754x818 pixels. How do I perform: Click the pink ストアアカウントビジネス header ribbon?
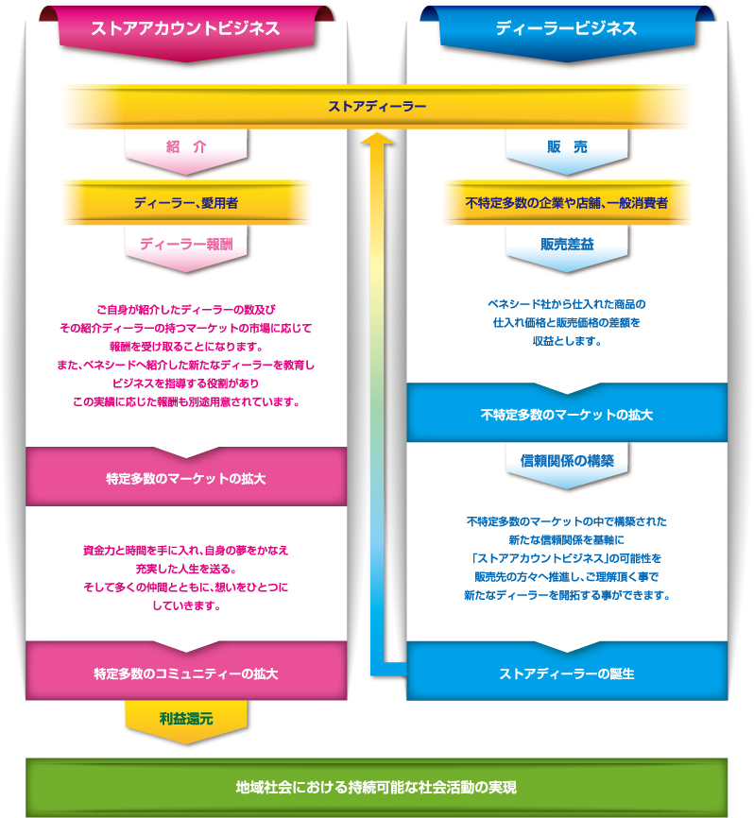point(186,32)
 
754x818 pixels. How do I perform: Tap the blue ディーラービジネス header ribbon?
point(567,32)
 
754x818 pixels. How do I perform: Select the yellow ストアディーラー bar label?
point(377,107)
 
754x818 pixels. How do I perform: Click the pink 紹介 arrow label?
point(186,147)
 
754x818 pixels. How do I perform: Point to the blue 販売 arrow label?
point(567,147)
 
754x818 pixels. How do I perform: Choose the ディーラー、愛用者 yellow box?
point(186,202)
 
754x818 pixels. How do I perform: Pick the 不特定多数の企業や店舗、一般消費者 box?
point(567,202)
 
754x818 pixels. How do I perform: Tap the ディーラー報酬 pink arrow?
point(186,248)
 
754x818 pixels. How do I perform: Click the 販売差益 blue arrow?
point(567,248)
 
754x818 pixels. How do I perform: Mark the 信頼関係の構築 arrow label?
point(567,461)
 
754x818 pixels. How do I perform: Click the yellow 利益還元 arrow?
point(186,722)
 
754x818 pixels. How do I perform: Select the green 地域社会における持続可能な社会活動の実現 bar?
point(376,787)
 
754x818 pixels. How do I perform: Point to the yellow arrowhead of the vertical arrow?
point(377,138)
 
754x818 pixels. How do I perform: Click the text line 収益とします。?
point(567,341)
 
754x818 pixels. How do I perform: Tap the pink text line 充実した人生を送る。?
point(186,569)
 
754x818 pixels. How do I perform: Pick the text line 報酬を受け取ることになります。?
point(186,347)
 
